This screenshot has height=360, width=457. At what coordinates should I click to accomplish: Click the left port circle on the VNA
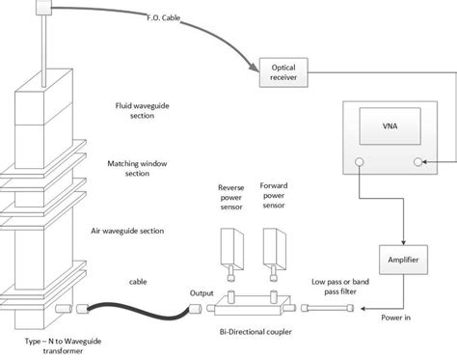coord(359,163)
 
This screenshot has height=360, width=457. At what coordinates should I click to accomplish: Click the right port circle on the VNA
coord(418,163)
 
